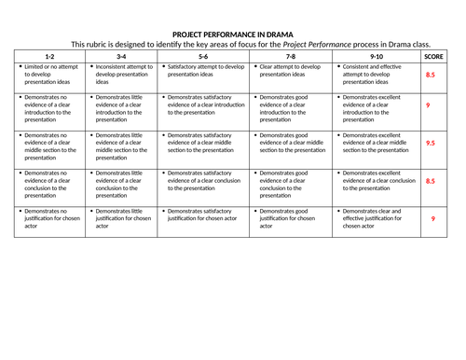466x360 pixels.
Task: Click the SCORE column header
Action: coord(431,57)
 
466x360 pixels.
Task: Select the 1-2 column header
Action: coord(49,57)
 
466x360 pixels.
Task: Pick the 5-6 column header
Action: coord(203,57)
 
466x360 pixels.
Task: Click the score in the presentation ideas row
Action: coord(431,75)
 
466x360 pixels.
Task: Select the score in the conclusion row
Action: coord(431,182)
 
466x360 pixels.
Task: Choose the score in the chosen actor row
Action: coord(431,218)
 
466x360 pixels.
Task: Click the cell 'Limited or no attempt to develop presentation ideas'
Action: coord(49,76)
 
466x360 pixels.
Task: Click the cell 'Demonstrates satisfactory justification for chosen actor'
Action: coord(203,215)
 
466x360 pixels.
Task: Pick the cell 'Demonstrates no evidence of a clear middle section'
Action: coord(49,145)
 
